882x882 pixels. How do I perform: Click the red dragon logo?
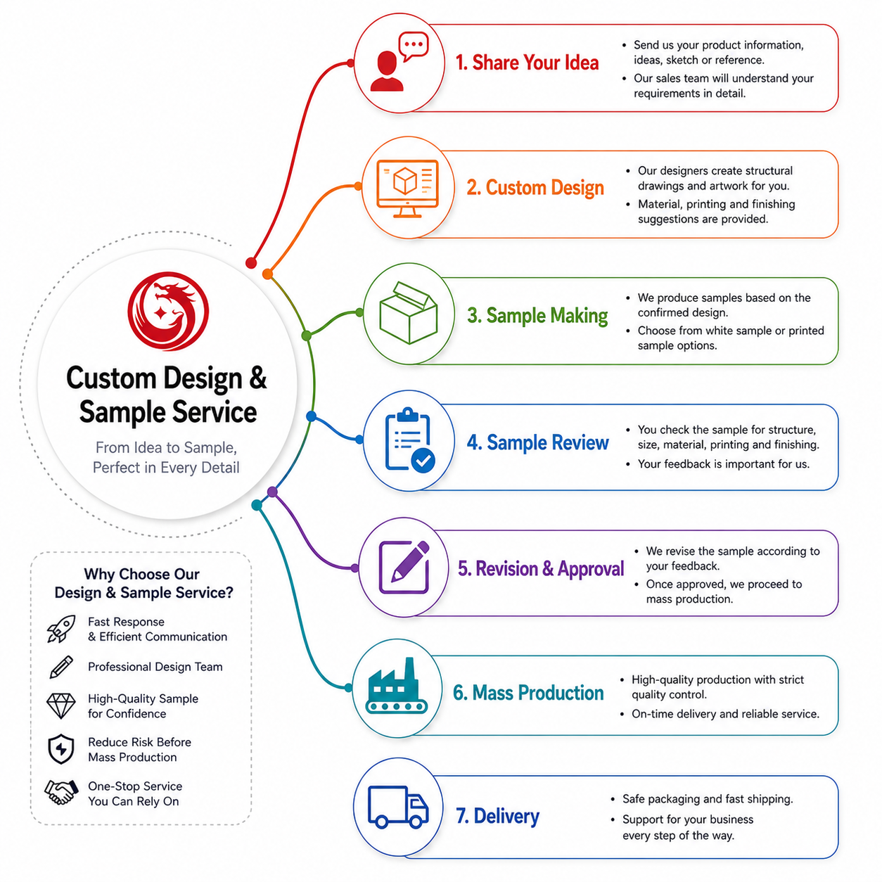click(168, 312)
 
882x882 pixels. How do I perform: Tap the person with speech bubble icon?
click(399, 62)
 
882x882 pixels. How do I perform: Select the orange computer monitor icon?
click(407, 188)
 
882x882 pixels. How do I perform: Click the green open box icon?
click(408, 312)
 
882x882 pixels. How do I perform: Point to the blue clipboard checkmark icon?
click(409, 440)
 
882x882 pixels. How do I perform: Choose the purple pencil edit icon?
click(404, 567)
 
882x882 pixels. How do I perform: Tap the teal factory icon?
click(397, 686)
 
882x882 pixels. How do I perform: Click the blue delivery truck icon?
click(398, 807)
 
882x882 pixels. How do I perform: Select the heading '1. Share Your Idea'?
click(527, 63)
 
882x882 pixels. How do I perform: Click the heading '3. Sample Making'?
click(537, 315)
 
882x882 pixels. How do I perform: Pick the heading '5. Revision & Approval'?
click(541, 568)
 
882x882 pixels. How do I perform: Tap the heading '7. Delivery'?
click(497, 816)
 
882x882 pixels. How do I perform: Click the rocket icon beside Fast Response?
click(61, 629)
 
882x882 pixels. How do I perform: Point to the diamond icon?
click(61, 705)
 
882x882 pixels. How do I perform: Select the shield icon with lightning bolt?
click(61, 749)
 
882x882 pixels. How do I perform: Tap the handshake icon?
click(60, 793)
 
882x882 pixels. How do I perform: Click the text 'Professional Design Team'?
click(155, 667)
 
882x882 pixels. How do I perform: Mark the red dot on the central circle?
click(251, 263)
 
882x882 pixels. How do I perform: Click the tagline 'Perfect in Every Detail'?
click(166, 467)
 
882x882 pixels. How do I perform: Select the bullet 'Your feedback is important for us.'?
click(723, 464)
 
